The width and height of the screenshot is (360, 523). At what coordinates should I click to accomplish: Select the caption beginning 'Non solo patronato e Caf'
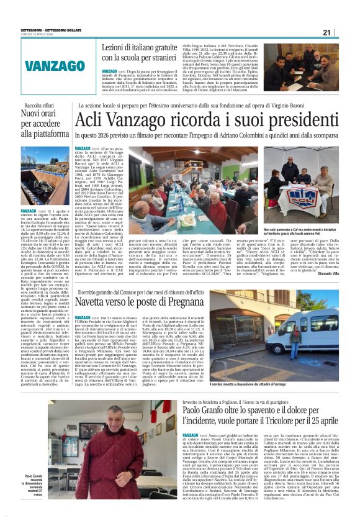pyautogui.click(x=304, y=231)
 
